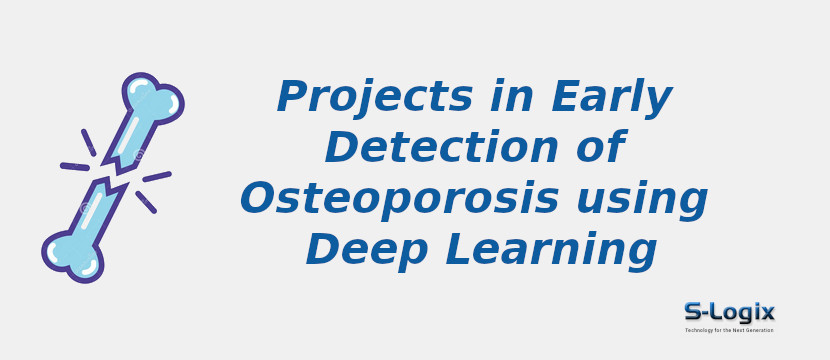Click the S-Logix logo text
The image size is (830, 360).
729,312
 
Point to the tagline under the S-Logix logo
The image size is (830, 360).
729,330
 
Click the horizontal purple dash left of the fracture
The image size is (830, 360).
75,167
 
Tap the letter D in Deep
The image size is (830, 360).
324,248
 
